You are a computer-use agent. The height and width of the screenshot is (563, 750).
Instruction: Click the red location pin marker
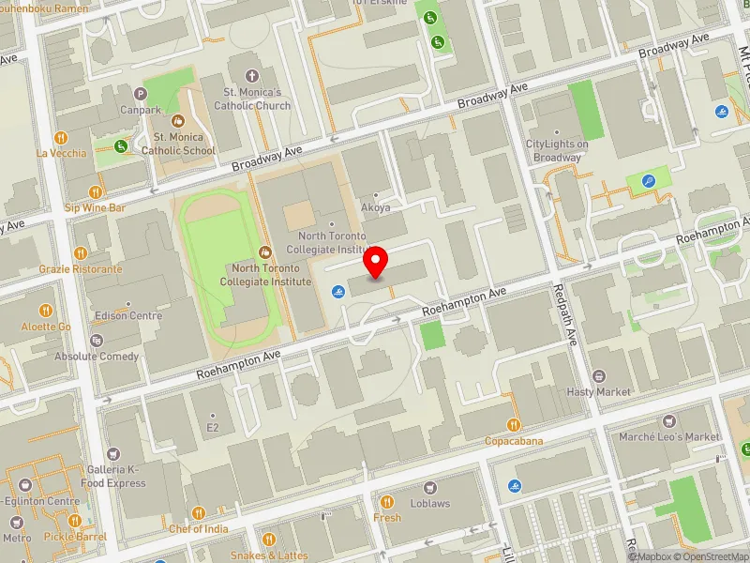coord(376,262)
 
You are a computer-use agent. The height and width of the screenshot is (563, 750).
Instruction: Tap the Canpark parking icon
coord(141,93)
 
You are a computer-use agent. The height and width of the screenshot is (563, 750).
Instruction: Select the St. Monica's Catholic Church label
coord(251,99)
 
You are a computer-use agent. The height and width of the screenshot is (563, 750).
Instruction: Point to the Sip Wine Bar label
coord(95,207)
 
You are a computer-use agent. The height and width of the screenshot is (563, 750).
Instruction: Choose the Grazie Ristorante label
coord(81,269)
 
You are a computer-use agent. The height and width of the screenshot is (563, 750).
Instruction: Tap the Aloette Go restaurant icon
coord(46,311)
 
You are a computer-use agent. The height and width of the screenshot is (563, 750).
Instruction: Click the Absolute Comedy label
coord(97,357)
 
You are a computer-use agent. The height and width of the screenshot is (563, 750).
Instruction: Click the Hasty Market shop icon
coord(599,375)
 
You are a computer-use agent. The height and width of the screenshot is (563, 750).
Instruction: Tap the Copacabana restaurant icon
coord(514,425)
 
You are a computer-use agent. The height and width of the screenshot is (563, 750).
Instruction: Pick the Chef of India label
coord(199,528)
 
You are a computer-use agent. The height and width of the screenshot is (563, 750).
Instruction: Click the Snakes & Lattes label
coord(269,555)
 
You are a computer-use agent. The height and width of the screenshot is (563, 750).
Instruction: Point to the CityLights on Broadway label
coord(557,150)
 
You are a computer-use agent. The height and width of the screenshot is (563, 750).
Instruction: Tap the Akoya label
coord(375,207)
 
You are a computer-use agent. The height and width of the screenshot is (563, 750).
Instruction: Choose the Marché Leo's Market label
coord(669,436)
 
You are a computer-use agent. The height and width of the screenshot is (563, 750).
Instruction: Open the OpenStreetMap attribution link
coord(709,555)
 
